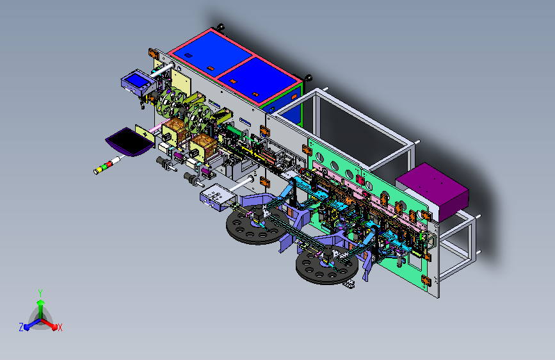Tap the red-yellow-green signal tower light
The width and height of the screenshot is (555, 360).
pos(107,165)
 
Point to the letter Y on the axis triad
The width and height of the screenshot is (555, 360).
pos(40,293)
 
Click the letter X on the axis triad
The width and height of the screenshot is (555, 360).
pos(60,328)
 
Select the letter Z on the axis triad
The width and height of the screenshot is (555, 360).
pos(21,327)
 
